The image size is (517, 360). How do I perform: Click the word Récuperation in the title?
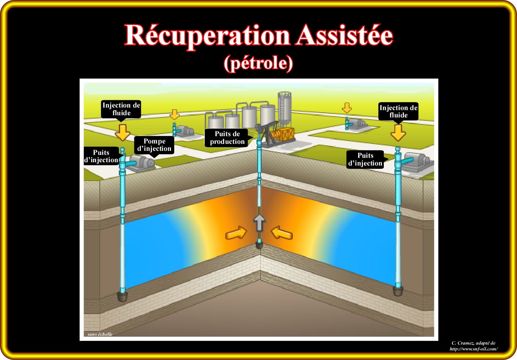click(207, 36)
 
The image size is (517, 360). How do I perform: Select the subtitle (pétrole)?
click(258, 63)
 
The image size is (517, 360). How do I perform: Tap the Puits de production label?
click(227, 138)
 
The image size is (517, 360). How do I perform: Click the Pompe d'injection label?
click(154, 145)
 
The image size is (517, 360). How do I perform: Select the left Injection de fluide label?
click(121, 109)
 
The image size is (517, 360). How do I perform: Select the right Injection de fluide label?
click(398, 111)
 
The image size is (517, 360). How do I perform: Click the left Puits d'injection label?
click(101, 156)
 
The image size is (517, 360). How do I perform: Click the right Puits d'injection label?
click(365, 159)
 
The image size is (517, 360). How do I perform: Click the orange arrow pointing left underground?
click(282, 233)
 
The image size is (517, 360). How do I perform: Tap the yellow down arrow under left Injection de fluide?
click(122, 132)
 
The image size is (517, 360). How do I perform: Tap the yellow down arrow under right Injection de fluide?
click(398, 132)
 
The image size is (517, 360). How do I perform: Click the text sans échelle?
click(100, 334)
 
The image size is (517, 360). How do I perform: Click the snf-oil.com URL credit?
click(473, 349)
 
